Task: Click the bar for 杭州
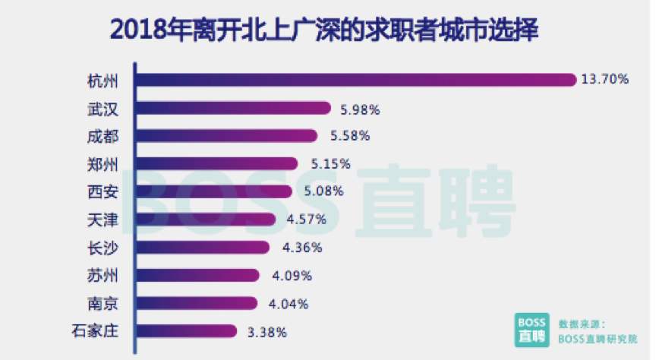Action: click(x=357, y=80)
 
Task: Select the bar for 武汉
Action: click(x=233, y=108)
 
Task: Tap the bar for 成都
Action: click(x=227, y=136)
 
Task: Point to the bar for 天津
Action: click(x=206, y=219)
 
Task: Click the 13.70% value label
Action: click(x=606, y=80)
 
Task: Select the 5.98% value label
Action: click(x=359, y=109)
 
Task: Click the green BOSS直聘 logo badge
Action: click(x=529, y=328)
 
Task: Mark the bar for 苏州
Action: click(x=197, y=275)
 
